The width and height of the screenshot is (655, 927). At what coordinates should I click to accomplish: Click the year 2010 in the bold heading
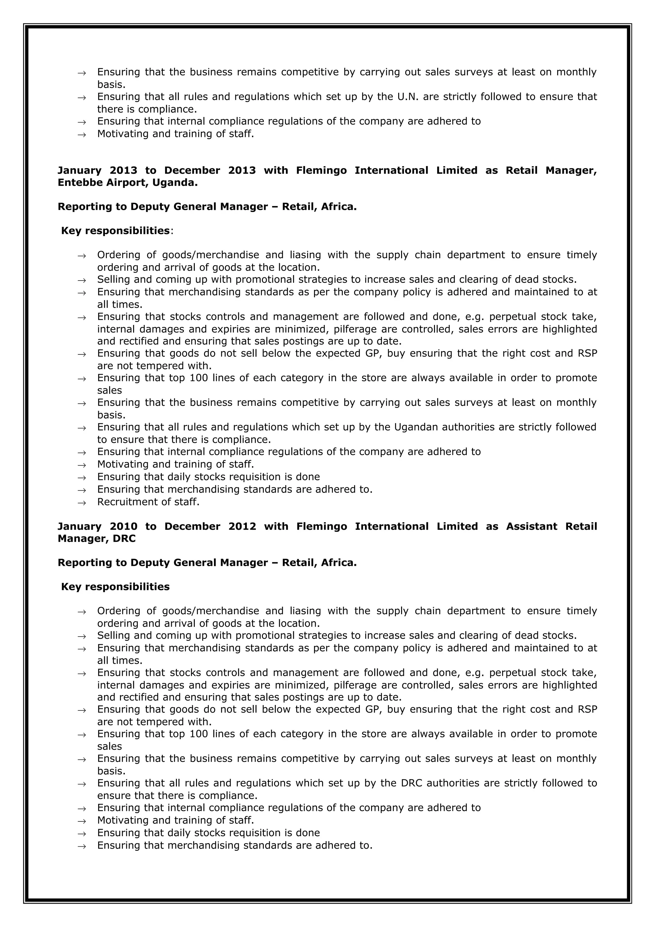[123, 527]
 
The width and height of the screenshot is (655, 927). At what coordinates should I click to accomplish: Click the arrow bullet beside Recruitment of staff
[82, 503]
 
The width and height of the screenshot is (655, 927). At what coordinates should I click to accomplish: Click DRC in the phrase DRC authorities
[411, 783]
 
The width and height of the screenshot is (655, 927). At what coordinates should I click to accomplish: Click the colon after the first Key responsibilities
[171, 231]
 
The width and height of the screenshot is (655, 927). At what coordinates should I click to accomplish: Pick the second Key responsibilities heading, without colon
[115, 587]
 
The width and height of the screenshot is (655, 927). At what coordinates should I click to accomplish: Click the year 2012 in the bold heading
[242, 527]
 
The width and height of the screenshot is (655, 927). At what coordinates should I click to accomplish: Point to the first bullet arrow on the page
[82, 73]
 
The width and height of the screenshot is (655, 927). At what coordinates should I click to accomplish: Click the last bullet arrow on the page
[82, 846]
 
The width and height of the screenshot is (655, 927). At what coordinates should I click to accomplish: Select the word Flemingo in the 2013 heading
[321, 170]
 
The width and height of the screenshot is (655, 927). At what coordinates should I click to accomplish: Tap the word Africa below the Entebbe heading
[338, 207]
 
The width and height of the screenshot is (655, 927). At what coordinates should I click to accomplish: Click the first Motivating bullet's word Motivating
[123, 134]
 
